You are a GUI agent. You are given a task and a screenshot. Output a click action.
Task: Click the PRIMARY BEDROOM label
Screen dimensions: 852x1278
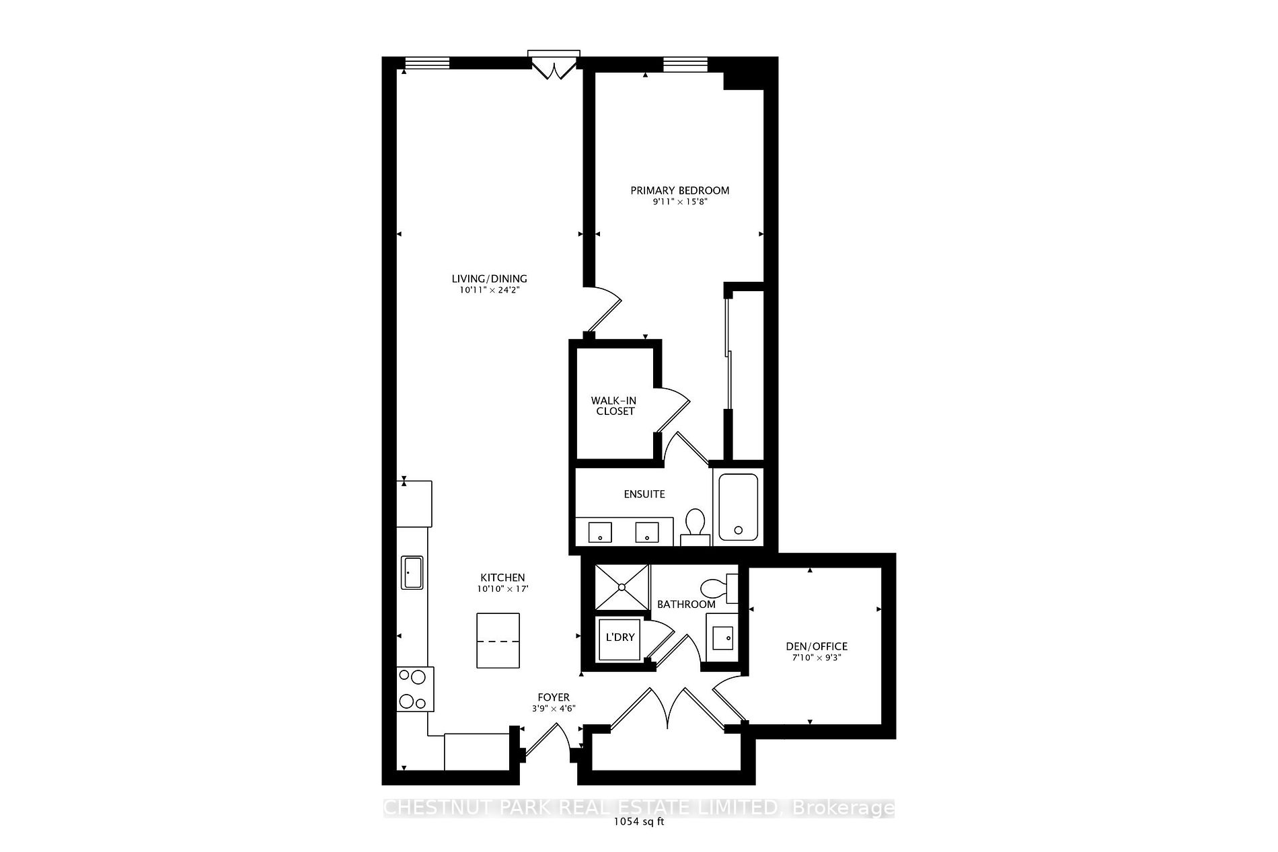pos(679,190)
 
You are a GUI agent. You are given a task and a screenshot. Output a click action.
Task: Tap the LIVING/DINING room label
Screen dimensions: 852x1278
pos(489,278)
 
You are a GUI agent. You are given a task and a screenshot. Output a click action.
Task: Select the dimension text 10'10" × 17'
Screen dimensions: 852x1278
pos(502,589)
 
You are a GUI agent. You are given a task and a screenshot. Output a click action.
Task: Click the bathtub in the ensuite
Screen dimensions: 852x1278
pos(738,507)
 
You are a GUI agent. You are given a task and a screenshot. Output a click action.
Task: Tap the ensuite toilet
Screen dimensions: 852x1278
pos(694,526)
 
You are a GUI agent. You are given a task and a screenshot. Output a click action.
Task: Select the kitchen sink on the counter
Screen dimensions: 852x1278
pos(411,572)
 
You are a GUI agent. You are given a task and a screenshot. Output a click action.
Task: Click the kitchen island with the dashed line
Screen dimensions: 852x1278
pos(498,640)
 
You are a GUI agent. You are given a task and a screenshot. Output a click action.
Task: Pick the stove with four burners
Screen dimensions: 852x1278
pos(414,689)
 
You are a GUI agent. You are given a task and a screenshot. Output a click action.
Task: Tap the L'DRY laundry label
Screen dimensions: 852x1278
pos(620,637)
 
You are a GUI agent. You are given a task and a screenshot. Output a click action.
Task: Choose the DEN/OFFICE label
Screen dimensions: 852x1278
pos(817,646)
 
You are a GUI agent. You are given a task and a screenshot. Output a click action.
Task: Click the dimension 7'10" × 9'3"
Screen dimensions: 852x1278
pos(817,658)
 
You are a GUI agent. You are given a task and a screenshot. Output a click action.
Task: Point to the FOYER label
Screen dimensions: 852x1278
pos(554,697)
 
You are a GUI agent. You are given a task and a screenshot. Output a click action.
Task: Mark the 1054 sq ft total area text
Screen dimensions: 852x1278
pos(639,822)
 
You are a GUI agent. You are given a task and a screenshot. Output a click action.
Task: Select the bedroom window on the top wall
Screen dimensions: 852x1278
pos(686,64)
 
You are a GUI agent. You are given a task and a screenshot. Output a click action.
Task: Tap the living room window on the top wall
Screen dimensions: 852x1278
pos(426,64)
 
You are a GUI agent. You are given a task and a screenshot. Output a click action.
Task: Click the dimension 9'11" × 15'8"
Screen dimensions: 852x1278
pos(679,202)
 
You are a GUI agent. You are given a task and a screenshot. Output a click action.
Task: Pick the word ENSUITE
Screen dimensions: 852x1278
pos(644,494)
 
